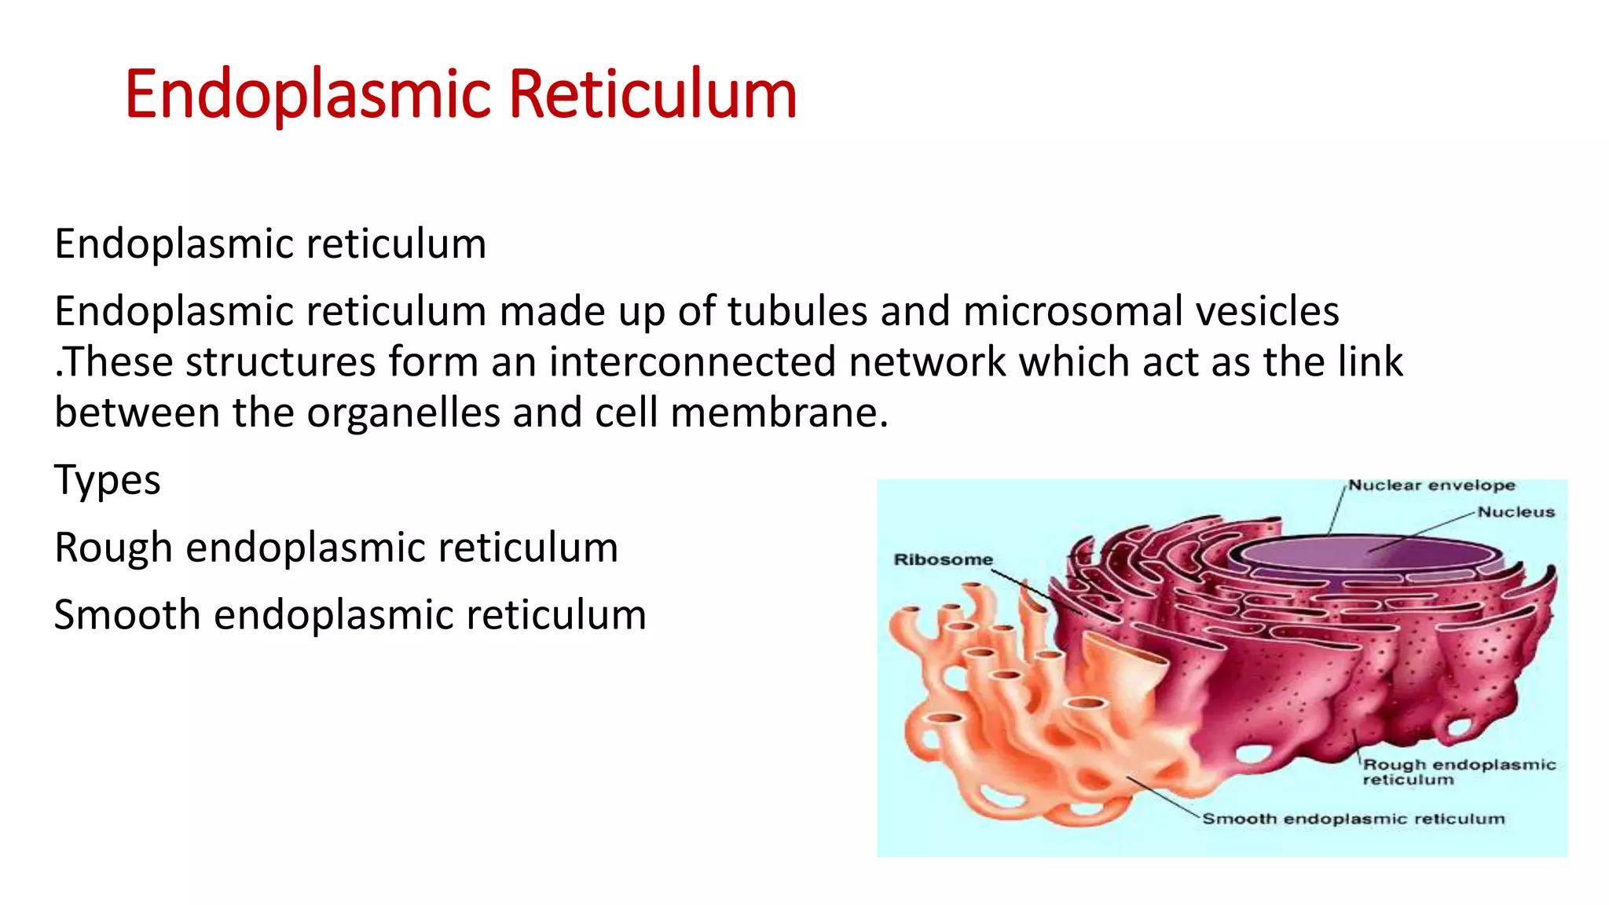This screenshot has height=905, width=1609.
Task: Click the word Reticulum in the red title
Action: pyautogui.click(x=653, y=94)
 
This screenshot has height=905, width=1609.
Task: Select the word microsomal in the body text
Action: pyautogui.click(x=1072, y=311)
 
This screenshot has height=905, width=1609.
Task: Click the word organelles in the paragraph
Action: pyautogui.click(x=403, y=413)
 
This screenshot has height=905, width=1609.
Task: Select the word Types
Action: pyautogui.click(x=107, y=481)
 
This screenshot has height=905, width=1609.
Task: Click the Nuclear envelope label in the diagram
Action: pyautogui.click(x=1431, y=485)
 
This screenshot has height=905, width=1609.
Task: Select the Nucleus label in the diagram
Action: pyautogui.click(x=1516, y=512)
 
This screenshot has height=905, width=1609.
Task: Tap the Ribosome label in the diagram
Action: pyautogui.click(x=943, y=559)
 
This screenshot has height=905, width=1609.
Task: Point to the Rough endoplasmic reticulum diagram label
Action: pyautogui.click(x=1458, y=771)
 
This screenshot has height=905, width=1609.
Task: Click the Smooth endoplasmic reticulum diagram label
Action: pyautogui.click(x=1353, y=819)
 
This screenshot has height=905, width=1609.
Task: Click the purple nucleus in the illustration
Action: pyautogui.click(x=1367, y=554)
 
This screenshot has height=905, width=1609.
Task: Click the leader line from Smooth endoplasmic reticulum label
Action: pyautogui.click(x=1163, y=797)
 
